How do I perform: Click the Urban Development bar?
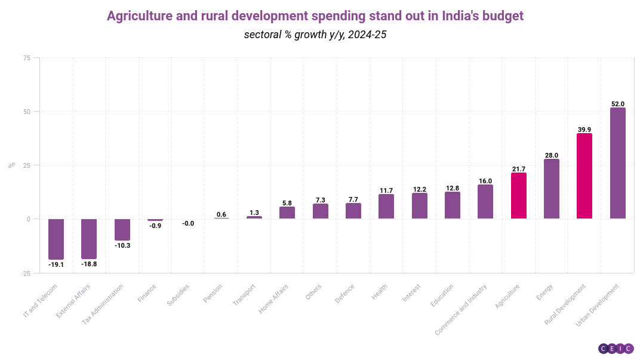tap(617, 163)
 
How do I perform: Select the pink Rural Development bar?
tap(584, 176)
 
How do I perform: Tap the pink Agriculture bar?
tap(519, 196)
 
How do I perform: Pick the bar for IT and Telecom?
tap(56, 239)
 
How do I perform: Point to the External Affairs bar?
tap(89, 239)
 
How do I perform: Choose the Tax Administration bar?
tap(122, 230)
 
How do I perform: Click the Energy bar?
tap(552, 189)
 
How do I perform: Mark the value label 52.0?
tap(617, 104)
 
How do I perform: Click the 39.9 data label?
tap(584, 130)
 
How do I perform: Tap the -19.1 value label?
tap(56, 264)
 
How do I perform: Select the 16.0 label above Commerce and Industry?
tap(485, 181)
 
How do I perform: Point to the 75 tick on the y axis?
tap(26, 58)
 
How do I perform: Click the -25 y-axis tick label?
tap(25, 273)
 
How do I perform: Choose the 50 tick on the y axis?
tap(26, 112)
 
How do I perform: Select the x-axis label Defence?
tap(346, 293)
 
